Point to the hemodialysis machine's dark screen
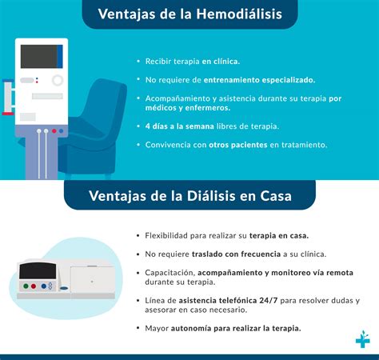click(x=38, y=55)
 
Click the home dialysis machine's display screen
click(x=37, y=270)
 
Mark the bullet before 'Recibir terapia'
click(x=138, y=62)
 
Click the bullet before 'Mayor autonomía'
click(x=138, y=328)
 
